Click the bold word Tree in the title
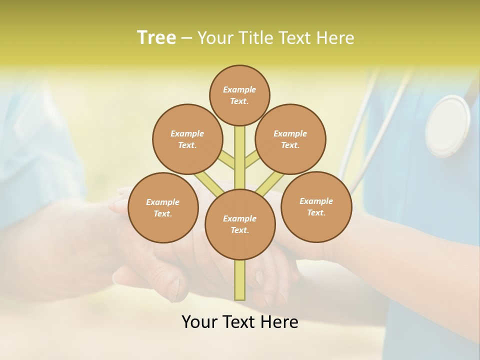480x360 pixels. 156,37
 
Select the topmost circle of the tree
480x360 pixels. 239,95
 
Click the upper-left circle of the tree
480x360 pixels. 187,139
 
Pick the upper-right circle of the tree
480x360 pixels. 290,139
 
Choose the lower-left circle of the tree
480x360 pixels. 163,208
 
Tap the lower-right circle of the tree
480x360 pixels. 316,207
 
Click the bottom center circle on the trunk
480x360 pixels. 240,224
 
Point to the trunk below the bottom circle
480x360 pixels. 240,280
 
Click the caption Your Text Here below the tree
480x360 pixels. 239,322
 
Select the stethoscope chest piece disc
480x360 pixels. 447,126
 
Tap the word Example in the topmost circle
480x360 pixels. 239,89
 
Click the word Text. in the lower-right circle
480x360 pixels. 316,213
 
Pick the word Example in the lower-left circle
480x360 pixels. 163,202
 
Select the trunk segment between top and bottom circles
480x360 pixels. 240,155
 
